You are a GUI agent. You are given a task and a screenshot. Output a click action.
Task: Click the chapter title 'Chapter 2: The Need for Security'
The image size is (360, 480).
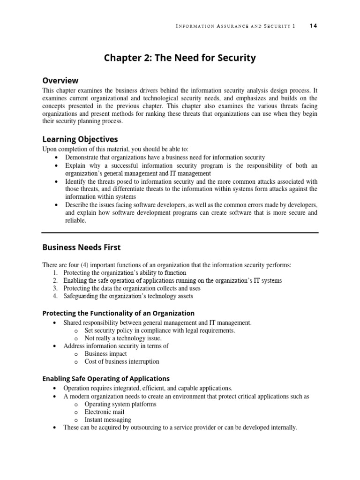click(x=180, y=58)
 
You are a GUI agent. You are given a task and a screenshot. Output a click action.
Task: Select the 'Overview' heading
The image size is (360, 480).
click(x=60, y=80)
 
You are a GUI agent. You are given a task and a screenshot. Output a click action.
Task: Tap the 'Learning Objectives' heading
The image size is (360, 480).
click(x=80, y=139)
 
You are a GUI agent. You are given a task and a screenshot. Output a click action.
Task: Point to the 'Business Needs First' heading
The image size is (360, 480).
click(x=82, y=247)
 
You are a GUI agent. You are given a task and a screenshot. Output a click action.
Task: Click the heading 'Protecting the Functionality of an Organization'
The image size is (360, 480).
click(x=118, y=313)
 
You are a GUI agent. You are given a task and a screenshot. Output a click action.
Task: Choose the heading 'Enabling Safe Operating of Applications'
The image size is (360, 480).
click(x=106, y=378)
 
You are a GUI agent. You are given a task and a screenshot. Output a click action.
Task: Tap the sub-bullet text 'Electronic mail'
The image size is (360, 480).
click(x=105, y=412)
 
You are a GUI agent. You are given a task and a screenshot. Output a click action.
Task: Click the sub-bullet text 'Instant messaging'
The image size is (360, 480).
click(x=108, y=420)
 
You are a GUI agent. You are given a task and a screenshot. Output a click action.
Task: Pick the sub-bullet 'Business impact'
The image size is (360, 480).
click(x=105, y=353)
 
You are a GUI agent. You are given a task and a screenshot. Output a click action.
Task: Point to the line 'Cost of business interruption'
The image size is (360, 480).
click(x=122, y=361)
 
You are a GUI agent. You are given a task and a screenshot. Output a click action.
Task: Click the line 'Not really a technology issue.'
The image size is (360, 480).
click(x=123, y=338)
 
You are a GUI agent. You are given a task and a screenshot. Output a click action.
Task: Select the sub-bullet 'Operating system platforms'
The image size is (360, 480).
click(x=120, y=404)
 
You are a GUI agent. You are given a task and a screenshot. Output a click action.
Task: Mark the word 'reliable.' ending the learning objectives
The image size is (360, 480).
click(x=75, y=220)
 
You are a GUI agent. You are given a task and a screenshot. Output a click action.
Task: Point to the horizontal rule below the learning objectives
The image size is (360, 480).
click(x=180, y=232)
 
